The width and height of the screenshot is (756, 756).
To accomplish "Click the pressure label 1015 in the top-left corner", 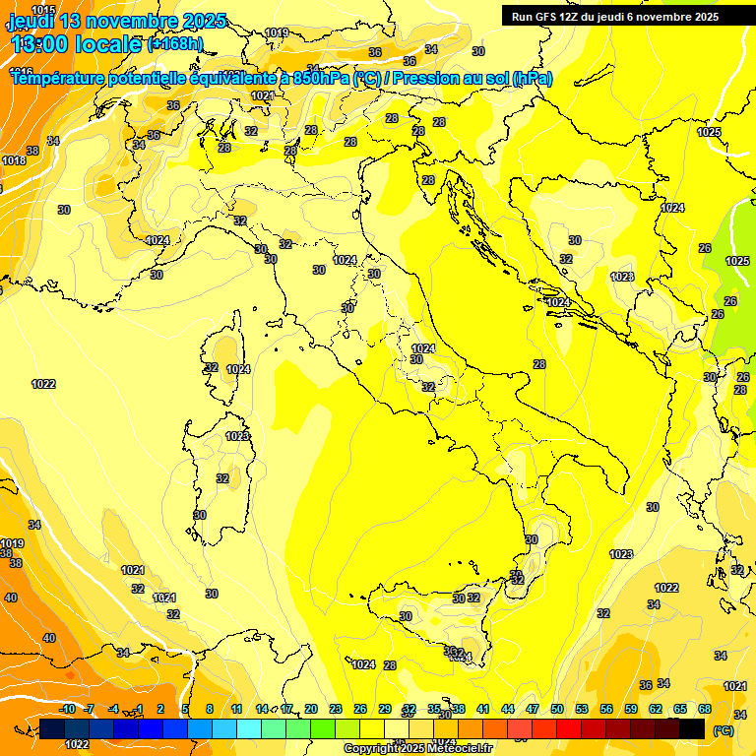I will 43,10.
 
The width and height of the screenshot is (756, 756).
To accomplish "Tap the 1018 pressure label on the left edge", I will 14,160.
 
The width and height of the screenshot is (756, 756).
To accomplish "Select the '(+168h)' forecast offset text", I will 175,43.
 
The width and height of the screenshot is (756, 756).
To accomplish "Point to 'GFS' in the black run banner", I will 546,17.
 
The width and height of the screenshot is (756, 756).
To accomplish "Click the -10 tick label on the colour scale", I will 66,709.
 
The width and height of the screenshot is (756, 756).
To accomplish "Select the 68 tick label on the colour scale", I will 705,709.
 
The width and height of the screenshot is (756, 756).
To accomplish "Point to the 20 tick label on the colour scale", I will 310,709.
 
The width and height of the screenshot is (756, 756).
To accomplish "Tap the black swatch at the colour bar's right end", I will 692,728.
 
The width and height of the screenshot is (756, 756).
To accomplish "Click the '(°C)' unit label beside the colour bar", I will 723,729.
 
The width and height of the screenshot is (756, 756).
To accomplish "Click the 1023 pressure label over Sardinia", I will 237,436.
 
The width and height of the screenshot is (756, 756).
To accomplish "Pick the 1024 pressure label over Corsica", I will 238,369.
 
